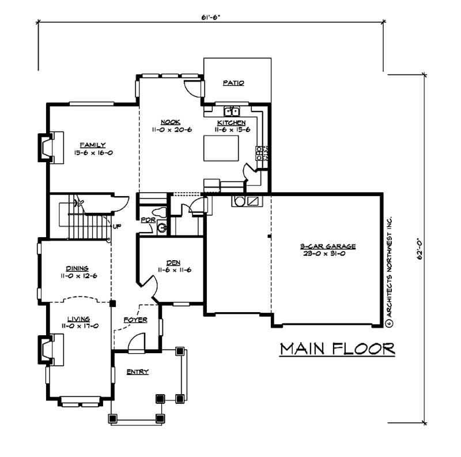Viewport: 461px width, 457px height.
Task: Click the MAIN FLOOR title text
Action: point(338,349)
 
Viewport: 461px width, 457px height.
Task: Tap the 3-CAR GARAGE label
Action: point(328,246)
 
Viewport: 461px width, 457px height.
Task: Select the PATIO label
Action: point(233,83)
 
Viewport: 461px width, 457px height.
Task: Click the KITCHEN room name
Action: point(232,123)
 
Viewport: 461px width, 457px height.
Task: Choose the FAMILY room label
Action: point(93,144)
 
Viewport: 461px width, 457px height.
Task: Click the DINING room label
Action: point(77,268)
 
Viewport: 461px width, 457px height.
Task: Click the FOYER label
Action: point(135,319)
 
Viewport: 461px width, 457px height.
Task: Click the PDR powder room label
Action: point(146,220)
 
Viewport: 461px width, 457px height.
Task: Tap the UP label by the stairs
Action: point(117,226)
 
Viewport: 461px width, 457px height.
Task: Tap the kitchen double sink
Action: point(232,110)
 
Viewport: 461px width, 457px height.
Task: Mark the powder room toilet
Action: point(162,228)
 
